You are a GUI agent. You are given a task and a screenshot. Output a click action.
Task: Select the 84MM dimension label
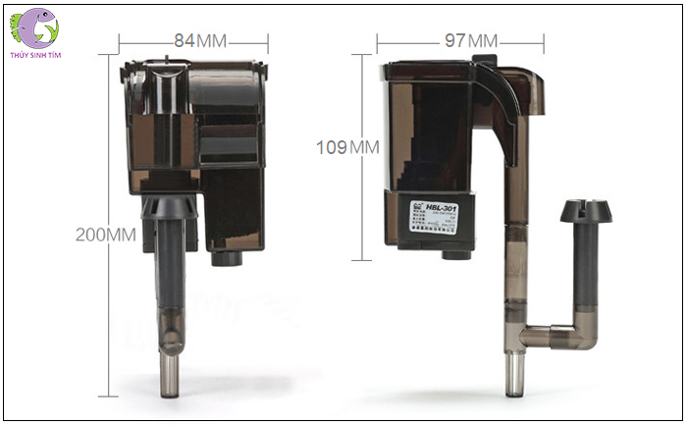point(201,41)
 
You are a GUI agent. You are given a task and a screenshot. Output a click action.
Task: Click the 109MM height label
point(347,148)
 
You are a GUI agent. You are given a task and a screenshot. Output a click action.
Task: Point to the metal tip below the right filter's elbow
point(511,377)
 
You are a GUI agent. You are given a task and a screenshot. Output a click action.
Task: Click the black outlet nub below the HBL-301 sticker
point(452,257)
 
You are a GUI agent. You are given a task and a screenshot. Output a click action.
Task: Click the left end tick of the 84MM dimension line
point(120,42)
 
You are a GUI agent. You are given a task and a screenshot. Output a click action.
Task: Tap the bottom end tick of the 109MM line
point(365,260)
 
